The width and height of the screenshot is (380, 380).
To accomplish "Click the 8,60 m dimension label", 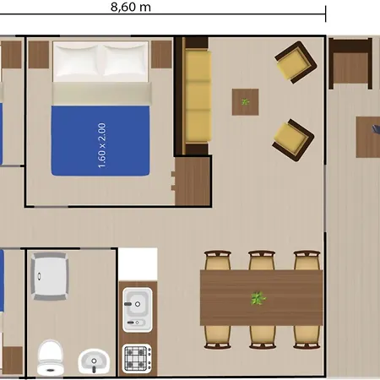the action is [131, 7].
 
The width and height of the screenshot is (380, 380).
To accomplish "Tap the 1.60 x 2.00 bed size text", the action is [101, 145].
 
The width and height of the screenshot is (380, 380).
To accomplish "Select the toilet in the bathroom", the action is [50, 358].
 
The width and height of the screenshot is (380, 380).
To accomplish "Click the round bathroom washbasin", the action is [94, 361].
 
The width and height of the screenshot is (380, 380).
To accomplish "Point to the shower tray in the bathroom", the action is [50, 276].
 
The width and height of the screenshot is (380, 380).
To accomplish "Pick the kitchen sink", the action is [138, 309].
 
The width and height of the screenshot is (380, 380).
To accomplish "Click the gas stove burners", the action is [138, 359].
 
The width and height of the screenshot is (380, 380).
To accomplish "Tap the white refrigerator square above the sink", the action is [138, 264].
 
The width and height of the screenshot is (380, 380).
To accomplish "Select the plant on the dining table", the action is [258, 298].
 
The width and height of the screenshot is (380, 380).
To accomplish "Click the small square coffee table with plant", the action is [245, 102].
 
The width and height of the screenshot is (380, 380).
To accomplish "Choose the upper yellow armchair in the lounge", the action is [296, 62].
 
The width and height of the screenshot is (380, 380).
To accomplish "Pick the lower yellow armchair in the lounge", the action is [293, 140].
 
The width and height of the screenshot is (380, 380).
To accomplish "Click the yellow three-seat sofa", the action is [198, 96].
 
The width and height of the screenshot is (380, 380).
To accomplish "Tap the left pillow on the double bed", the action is [77, 61].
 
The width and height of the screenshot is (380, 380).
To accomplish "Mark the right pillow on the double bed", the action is [125, 60].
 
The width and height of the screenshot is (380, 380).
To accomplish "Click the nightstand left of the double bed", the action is [39, 55].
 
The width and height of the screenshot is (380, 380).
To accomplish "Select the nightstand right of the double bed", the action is [161, 54].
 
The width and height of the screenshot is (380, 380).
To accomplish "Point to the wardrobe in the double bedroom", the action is [193, 181].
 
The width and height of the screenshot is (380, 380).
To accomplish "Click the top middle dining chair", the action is [262, 260].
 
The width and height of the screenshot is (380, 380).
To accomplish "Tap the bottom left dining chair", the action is [218, 337].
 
